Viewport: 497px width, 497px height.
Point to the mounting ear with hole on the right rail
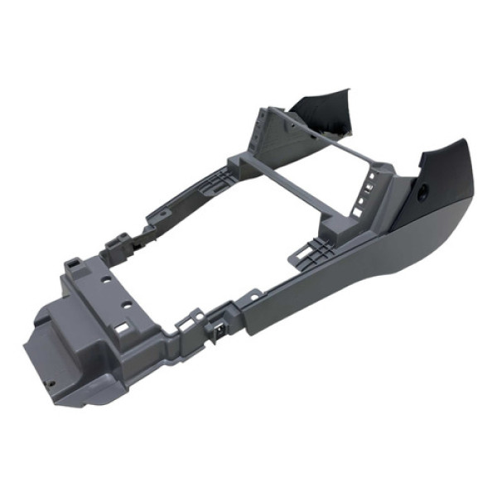click(253, 293)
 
